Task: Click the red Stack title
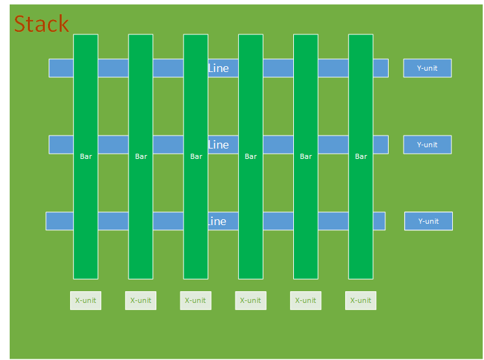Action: point(41,23)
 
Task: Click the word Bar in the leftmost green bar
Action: point(86,156)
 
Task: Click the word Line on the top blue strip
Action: point(219,68)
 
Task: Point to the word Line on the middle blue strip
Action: point(219,145)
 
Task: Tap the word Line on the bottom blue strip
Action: point(217,221)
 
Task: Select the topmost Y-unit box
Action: point(427,68)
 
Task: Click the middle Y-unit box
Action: point(427,145)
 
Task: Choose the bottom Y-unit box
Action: point(428,221)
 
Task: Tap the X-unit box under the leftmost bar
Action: point(86,300)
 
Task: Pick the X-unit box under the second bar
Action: point(141,300)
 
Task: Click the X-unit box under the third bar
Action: point(195,300)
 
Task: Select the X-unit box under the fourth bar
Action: point(250,300)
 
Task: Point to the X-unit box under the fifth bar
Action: point(306,300)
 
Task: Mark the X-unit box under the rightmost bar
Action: point(361,300)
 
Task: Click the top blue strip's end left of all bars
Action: point(61,68)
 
